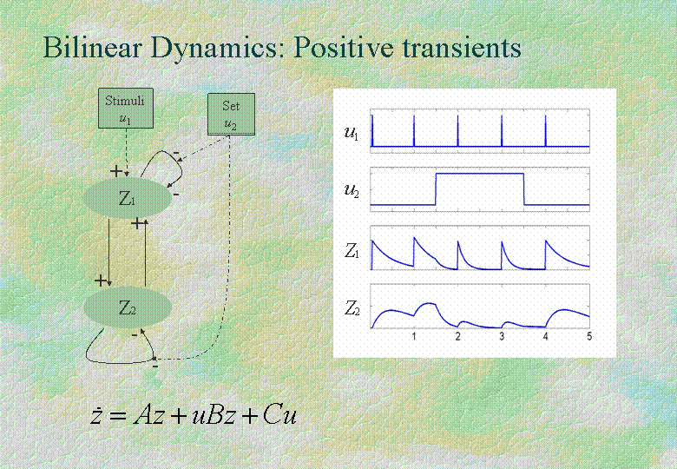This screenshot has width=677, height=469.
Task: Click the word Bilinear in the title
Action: click(x=92, y=47)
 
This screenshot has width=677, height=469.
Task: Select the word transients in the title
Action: click(x=462, y=47)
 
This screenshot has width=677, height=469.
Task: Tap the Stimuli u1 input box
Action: click(x=126, y=109)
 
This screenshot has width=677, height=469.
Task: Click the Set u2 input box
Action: click(x=232, y=115)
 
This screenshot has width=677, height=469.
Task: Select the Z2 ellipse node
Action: click(x=128, y=307)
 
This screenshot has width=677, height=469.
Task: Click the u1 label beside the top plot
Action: click(x=351, y=132)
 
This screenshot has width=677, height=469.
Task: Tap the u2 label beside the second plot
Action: click(x=352, y=190)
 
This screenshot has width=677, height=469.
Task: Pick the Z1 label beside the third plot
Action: click(x=352, y=251)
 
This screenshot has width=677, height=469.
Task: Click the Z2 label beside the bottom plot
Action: click(x=352, y=309)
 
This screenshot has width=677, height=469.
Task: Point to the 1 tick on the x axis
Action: click(x=414, y=336)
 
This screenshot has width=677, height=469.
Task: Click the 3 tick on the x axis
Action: click(x=502, y=336)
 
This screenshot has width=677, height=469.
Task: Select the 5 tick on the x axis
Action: click(x=589, y=336)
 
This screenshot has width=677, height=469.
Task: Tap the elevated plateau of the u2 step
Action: click(x=480, y=174)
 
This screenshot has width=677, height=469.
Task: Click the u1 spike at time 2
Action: click(x=457, y=131)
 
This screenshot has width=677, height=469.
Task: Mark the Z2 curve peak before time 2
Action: click(x=429, y=303)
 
